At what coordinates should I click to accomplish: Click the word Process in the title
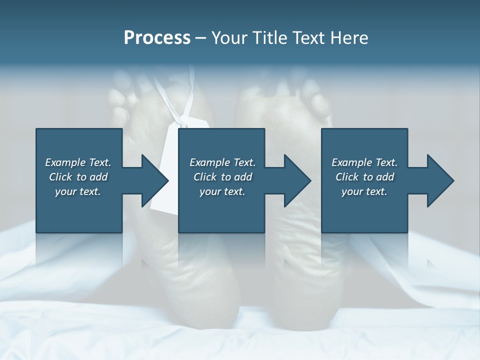click(157, 38)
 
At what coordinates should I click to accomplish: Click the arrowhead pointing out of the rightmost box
click(439, 180)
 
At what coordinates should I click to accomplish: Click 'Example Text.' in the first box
click(78, 162)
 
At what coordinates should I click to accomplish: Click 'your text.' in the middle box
click(222, 192)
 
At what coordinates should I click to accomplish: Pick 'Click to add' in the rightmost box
click(364, 177)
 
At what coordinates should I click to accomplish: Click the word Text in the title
click(308, 38)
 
